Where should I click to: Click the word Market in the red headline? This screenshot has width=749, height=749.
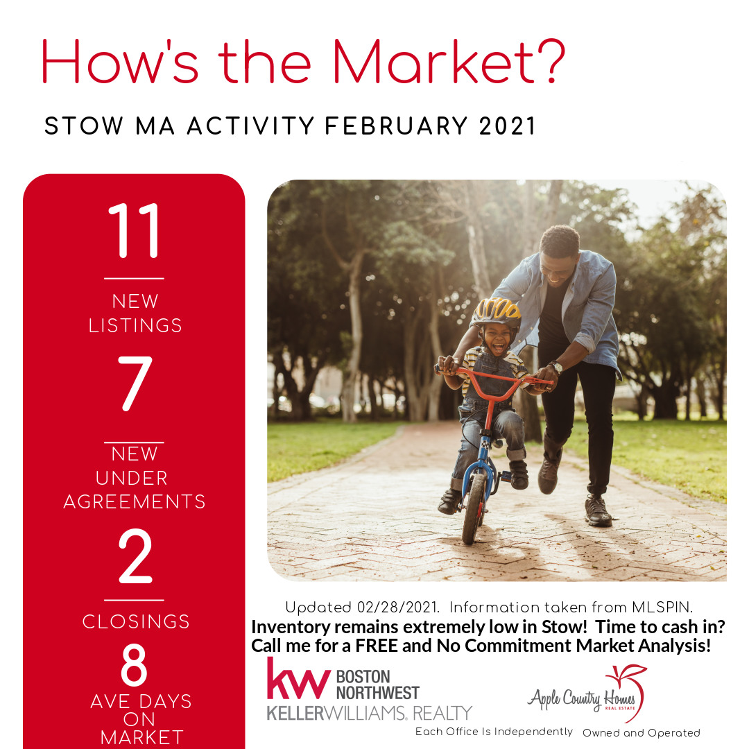[x=433, y=62]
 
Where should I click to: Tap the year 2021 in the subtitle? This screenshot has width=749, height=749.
[x=507, y=127]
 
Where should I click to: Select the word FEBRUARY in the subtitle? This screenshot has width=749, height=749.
[x=396, y=127]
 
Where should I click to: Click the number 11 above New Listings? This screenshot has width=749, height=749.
[x=135, y=230]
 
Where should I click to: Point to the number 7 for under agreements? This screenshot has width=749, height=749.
[x=135, y=383]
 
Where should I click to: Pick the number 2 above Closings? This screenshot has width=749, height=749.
[x=135, y=556]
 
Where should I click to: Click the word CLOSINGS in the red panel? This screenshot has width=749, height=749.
[x=136, y=621]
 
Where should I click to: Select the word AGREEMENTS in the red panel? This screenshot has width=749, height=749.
[x=135, y=501]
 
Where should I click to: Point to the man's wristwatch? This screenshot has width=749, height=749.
[x=556, y=367]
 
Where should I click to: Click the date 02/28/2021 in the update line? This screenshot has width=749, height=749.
[x=397, y=607]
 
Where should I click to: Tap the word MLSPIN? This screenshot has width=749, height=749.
[x=662, y=607]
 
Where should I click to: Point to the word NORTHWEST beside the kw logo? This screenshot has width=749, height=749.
[x=377, y=693]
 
